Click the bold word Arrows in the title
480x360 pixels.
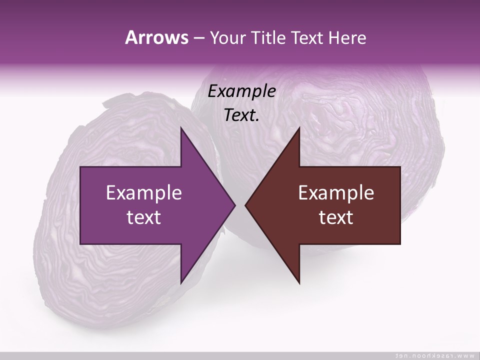pos(156,38)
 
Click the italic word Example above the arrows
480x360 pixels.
pos(241,91)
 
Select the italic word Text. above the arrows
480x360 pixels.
pos(241,115)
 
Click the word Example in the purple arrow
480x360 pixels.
pos(144,193)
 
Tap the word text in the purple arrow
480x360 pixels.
pos(144,217)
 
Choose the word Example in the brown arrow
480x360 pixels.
pos(336,193)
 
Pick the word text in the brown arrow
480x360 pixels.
pos(336,217)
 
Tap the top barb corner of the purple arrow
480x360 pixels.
pos(181,128)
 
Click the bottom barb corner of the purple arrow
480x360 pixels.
pos(181,282)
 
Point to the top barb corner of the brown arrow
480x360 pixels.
pos(299,128)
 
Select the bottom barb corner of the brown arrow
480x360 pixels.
pos(299,282)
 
